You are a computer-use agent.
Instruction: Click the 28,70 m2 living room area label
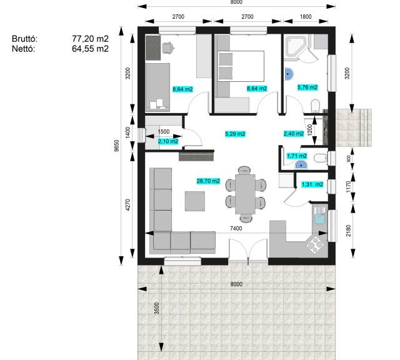208,181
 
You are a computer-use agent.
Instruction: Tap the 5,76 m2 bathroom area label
307,87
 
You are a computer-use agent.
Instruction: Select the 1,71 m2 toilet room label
297,156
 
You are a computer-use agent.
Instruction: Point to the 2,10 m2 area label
168,141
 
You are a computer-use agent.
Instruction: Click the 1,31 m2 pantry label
312,184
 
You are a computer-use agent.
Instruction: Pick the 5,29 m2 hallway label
235,134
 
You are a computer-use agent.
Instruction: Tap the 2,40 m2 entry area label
294,133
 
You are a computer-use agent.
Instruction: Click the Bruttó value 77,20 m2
90,39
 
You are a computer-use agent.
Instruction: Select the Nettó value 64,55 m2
90,49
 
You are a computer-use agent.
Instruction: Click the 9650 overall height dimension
117,146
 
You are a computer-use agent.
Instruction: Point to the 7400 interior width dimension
236,228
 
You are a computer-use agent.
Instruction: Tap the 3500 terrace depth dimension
157,308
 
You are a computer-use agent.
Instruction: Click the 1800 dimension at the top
306,17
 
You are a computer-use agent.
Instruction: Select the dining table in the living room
245,194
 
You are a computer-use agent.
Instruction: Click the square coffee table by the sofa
195,201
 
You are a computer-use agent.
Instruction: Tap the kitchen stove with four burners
315,244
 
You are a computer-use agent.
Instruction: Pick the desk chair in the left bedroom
168,47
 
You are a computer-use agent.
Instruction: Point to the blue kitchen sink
319,219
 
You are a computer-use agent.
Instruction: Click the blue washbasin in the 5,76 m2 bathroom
288,74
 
